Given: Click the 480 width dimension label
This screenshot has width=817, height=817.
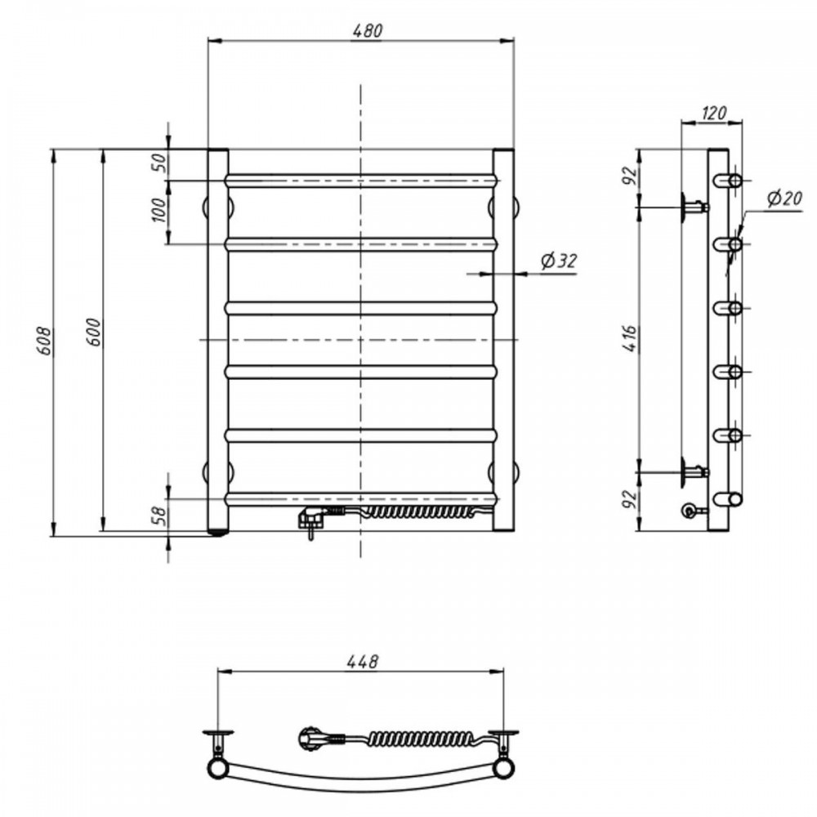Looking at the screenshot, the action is click(x=368, y=31).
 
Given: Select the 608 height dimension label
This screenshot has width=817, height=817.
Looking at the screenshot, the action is click(x=44, y=342).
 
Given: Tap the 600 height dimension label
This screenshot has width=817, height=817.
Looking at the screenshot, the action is click(x=94, y=332).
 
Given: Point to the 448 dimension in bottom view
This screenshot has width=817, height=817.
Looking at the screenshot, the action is click(x=362, y=662).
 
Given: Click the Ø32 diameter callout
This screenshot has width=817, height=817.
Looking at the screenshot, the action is click(x=559, y=260).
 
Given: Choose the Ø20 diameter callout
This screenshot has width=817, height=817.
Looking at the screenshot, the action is click(x=784, y=198).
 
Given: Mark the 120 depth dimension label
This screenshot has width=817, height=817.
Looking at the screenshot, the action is click(x=714, y=113).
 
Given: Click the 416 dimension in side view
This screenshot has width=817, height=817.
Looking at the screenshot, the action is click(x=631, y=339).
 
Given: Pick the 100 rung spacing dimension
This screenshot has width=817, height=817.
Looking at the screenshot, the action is click(x=160, y=210).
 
